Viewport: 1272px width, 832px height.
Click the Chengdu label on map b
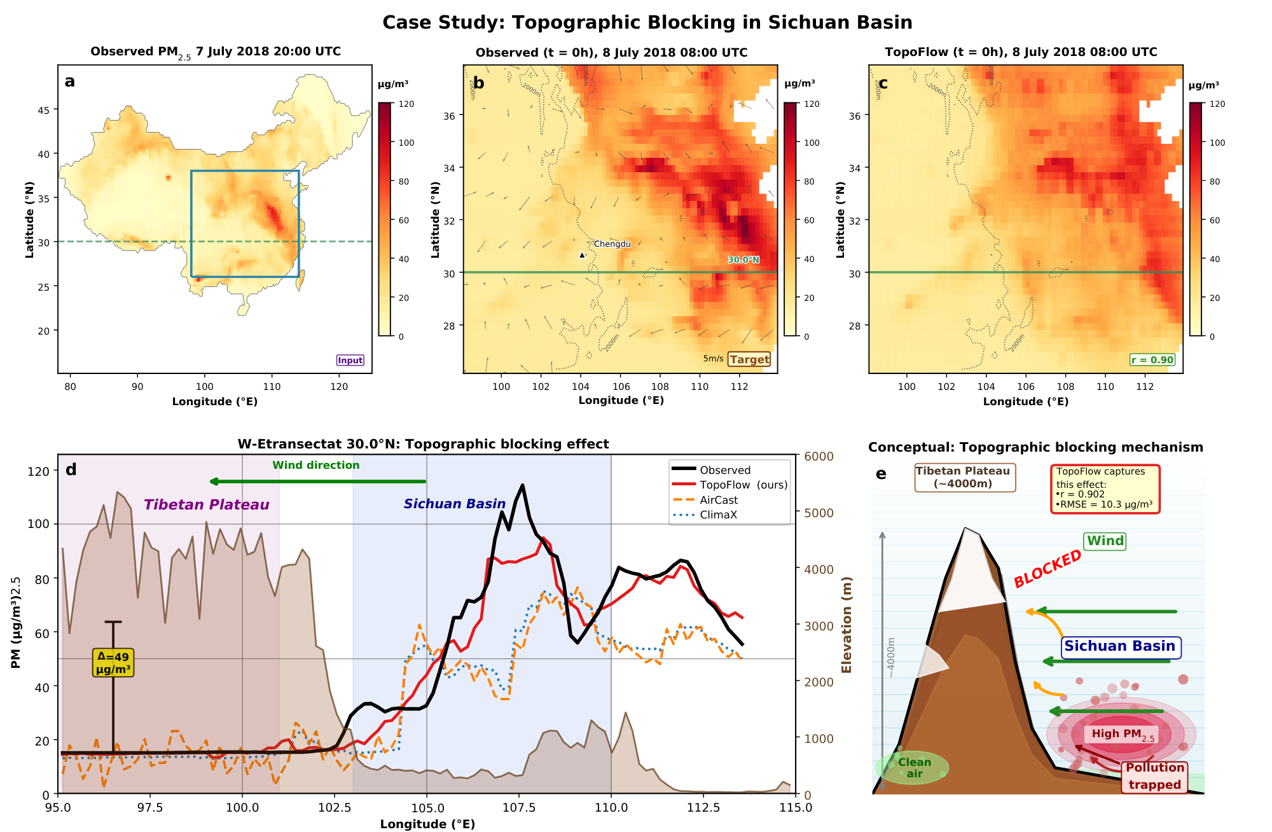612,244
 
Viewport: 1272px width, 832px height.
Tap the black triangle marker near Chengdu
582,255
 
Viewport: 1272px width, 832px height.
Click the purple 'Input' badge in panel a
350,361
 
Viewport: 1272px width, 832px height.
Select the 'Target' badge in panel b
749,359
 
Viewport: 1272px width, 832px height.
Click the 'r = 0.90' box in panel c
1152,360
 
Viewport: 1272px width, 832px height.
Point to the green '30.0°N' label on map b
743,260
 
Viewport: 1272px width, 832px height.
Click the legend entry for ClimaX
718,515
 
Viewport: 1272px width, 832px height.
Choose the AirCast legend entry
719,500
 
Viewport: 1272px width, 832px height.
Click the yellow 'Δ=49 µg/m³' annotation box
113,663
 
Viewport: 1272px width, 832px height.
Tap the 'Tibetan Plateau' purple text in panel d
206,505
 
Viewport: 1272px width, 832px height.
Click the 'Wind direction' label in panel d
316,465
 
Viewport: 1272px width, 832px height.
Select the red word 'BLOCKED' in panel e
1047,568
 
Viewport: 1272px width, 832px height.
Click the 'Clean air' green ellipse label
914,768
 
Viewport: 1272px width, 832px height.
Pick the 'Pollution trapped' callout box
1154,776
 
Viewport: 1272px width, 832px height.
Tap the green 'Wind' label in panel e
1105,541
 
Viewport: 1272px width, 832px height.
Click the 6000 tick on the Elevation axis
819,456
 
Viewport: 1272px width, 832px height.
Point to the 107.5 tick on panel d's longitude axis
519,807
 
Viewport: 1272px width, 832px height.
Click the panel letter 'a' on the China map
70,81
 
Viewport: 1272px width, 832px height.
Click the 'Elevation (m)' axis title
847,625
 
